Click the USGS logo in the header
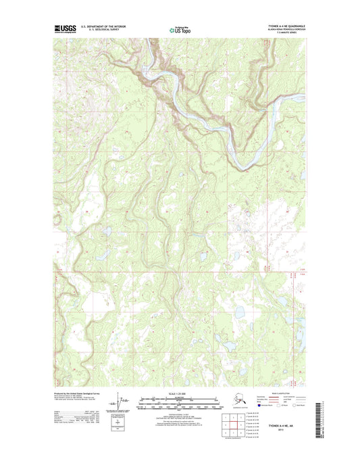[x=65, y=29]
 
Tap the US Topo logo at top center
[x=179, y=30]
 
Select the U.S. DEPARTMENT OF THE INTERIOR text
[x=103, y=27]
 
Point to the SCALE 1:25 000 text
[x=179, y=394]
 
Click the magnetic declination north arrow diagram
[x=124, y=404]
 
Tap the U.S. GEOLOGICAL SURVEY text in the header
[x=99, y=31]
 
